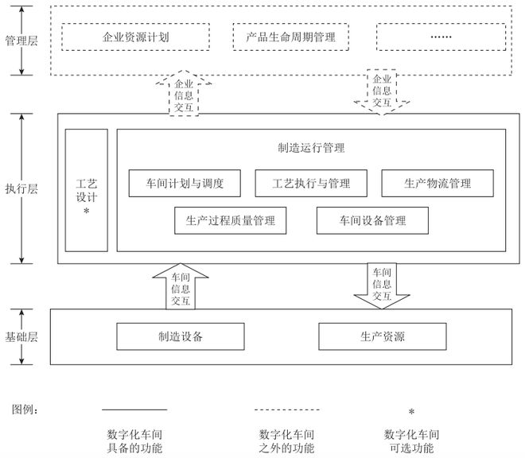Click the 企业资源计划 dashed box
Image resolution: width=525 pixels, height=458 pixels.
coord(135,37)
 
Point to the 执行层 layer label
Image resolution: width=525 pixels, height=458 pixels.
coord(21,188)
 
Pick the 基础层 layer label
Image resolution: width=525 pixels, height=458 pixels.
coord(21,336)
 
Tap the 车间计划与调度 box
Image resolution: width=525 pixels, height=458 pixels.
coord(184,184)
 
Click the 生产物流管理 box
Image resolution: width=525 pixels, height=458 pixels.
coord(437,184)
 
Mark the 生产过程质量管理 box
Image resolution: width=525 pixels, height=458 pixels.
coord(230,220)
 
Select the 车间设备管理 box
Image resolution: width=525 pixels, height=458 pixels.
coord(373,220)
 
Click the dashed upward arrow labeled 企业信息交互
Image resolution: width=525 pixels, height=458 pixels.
coord(184,94)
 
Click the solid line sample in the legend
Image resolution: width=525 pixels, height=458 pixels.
coord(134,410)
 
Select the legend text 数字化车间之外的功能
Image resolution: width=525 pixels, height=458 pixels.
coord(286,441)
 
